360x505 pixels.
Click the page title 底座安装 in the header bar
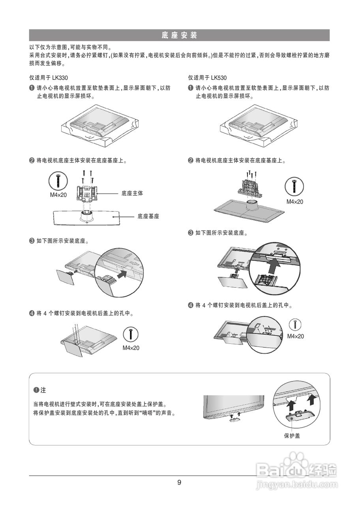[179, 36]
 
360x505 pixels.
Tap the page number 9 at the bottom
[179, 482]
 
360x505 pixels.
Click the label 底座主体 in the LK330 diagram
[132, 193]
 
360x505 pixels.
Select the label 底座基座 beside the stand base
[148, 217]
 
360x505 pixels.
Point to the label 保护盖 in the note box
[292, 436]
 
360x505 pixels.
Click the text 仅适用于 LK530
[207, 78]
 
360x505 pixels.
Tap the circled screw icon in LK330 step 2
[58, 181]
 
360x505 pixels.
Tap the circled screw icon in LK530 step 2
[294, 186]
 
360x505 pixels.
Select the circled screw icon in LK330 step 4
[131, 334]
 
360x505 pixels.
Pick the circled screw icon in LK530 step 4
[295, 325]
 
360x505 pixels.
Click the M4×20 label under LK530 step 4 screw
[295, 337]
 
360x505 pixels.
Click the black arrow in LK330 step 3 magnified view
[124, 273]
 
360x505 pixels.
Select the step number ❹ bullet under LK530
[191, 305]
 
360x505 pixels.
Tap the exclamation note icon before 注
[36, 390]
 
